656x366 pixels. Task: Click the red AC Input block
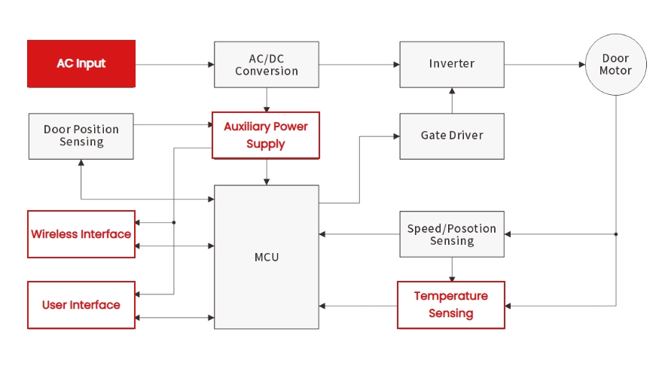click(81, 64)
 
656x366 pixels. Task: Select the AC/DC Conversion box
click(267, 64)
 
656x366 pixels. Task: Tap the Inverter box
click(451, 64)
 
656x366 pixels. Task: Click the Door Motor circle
click(616, 65)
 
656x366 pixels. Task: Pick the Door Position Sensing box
click(81, 136)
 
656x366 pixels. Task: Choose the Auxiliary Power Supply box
click(266, 136)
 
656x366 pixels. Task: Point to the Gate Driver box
click(451, 136)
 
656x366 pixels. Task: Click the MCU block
click(267, 257)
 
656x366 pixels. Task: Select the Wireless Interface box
click(81, 234)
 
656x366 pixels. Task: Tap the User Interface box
click(81, 305)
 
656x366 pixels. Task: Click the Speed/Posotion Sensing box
click(451, 234)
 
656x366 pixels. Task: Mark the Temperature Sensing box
click(451, 305)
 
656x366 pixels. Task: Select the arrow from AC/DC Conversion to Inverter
click(359, 65)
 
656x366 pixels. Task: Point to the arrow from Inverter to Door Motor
click(545, 65)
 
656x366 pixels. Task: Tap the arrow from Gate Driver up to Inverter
click(452, 101)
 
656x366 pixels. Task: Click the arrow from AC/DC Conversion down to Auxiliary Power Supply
click(267, 100)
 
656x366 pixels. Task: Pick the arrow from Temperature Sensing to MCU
click(359, 306)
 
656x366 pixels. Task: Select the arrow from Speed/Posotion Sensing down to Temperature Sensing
click(452, 269)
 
